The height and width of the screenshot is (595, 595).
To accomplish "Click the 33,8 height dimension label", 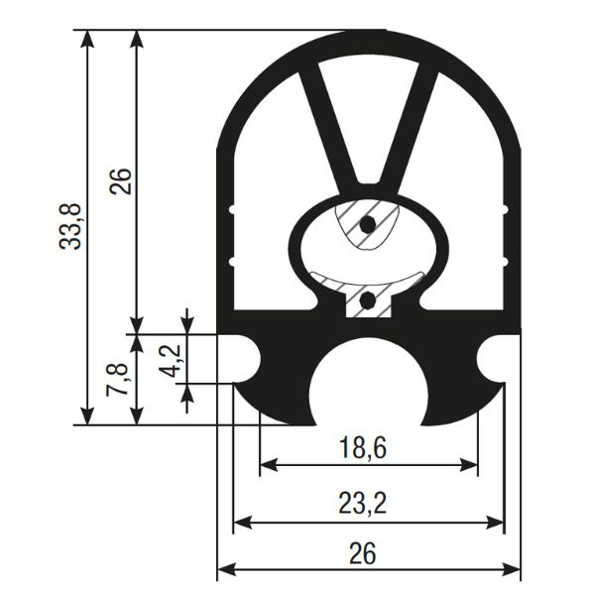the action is [71, 226].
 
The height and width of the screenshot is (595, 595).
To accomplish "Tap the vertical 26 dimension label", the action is [121, 180].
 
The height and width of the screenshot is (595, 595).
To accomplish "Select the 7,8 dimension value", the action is [116, 380].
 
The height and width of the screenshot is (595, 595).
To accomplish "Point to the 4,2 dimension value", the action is [174, 361].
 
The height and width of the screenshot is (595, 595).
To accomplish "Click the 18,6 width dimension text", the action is [362, 448].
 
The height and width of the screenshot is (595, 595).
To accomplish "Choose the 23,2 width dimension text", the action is [362, 504].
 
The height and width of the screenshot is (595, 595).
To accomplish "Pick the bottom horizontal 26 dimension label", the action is [363, 553].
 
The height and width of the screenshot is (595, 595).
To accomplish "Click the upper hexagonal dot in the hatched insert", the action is [367, 225].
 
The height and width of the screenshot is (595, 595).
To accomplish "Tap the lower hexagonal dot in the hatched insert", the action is [367, 301].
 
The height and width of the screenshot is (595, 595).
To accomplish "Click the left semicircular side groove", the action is [243, 359].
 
